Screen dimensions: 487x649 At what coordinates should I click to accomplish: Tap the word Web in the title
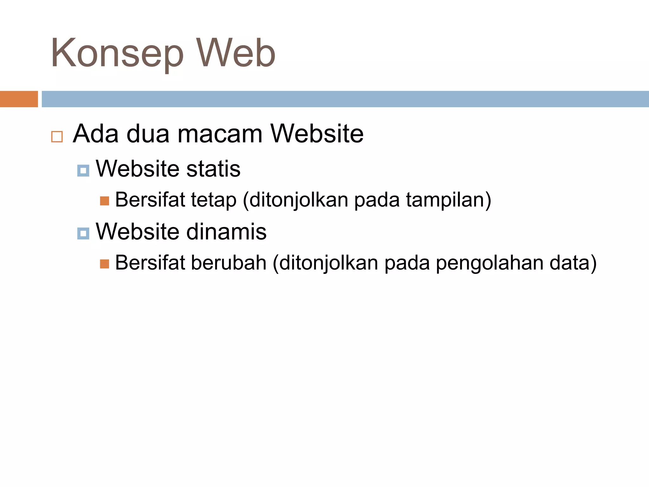(x=236, y=53)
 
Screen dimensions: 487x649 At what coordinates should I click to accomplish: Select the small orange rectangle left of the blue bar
(x=19, y=99)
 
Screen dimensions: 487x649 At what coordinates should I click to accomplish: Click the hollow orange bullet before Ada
(x=57, y=137)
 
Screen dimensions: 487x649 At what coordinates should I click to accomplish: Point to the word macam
(x=220, y=134)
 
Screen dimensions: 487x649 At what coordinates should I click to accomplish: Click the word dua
(x=148, y=134)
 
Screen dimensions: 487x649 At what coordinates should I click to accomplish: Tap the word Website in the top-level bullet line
(x=317, y=134)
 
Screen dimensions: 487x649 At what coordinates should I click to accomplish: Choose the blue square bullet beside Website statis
(x=83, y=171)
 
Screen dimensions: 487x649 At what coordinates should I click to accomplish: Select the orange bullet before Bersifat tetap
(x=104, y=201)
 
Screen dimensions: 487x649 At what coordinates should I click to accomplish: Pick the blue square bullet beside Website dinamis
(x=83, y=234)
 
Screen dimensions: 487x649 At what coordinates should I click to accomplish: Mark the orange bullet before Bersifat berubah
(x=104, y=264)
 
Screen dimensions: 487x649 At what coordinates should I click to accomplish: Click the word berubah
(x=228, y=263)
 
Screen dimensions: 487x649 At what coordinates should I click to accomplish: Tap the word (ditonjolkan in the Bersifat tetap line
(x=295, y=200)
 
